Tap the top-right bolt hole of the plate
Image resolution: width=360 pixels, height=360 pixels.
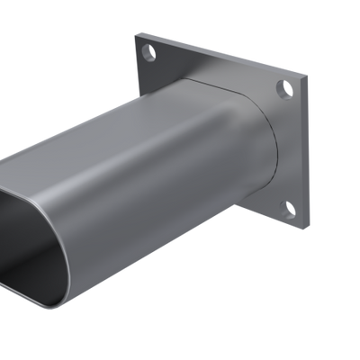click(283, 89)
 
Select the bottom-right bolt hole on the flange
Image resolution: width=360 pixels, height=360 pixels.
click(289, 210)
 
